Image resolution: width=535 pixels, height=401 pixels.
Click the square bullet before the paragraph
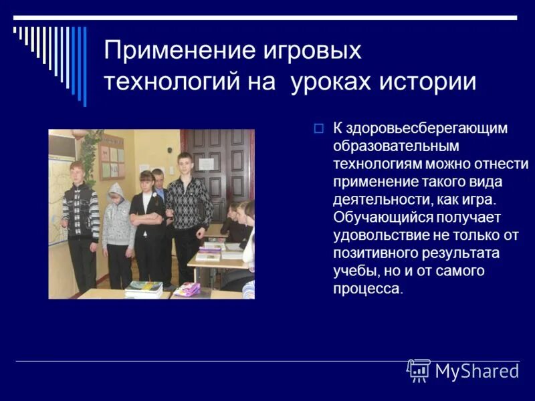click(x=318, y=128)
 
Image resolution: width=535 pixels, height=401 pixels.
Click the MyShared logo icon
click(x=419, y=370)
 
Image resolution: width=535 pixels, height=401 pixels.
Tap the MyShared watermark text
click(x=477, y=371)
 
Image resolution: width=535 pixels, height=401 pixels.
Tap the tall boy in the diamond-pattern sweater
click(x=188, y=214)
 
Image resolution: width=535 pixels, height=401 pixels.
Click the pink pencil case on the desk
click(x=188, y=288)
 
